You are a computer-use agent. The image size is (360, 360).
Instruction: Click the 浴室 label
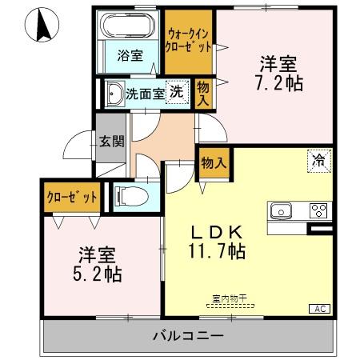tap(130, 56)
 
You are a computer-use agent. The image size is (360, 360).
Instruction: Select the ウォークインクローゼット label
tap(190, 40)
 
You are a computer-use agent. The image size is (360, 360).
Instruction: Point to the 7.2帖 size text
tap(278, 82)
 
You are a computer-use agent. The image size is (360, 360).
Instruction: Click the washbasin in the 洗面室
tap(114, 91)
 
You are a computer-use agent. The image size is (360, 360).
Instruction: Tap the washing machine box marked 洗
tap(174, 90)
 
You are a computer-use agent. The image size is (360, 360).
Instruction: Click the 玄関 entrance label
tap(110, 142)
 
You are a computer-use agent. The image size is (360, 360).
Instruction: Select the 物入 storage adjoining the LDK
tap(213, 162)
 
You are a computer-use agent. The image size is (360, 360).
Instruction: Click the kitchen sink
tap(282, 211)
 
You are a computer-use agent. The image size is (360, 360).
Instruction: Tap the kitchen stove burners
tap(318, 211)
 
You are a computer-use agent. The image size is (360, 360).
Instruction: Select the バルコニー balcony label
tap(189, 334)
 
